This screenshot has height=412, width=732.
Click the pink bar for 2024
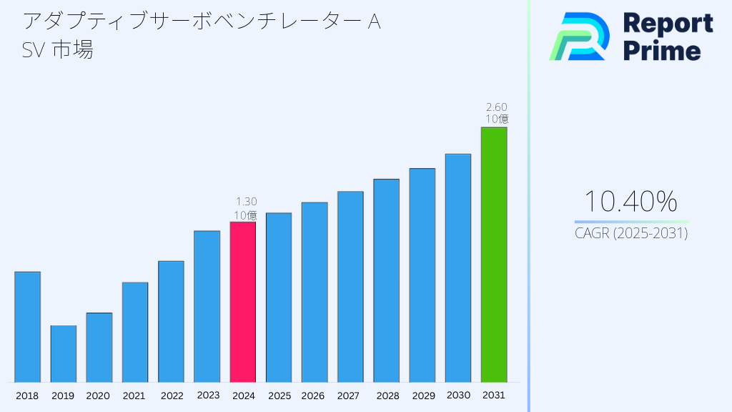coord(242,302)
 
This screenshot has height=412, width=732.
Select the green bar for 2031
coord(493,255)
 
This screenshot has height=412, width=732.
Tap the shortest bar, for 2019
coord(63,354)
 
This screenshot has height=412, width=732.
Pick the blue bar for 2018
coord(27,327)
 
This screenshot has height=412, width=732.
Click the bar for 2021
coord(135,332)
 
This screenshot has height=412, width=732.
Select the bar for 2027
coord(350,287)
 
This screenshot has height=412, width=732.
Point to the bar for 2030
coord(457,268)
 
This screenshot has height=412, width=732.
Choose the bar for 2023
coord(207,306)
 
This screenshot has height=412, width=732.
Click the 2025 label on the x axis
coord(279,396)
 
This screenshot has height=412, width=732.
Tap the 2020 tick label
coord(99,396)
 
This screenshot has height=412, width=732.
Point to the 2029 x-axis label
coord(422,396)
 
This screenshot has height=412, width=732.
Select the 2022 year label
coord(172,396)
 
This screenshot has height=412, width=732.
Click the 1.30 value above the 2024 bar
coord(246,202)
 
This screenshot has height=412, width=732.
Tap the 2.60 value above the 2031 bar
coord(497,107)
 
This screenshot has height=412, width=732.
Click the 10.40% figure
coord(630,202)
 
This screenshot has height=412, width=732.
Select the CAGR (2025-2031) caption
coord(631,234)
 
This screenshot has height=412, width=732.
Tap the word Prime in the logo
coord(662,51)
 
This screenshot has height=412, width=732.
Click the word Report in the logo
coord(668,24)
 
